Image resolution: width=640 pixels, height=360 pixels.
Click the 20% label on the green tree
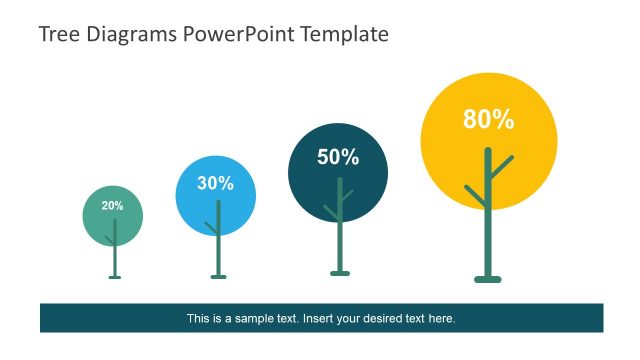coord(112,206)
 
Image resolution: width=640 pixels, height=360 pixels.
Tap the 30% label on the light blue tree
coord(215,183)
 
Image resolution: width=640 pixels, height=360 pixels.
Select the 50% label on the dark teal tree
coord(338,157)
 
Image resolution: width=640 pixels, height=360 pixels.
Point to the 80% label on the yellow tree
coord(488,120)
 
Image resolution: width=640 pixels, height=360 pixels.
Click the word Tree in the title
coord(57,34)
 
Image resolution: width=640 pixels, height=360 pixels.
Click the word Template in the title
coord(340,34)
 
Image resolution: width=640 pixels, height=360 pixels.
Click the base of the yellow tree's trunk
coord(487,279)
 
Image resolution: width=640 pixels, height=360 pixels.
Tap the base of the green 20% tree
coord(114,276)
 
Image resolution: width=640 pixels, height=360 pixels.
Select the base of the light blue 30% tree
coord(218,276)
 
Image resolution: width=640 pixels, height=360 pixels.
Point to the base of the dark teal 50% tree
coord(340,272)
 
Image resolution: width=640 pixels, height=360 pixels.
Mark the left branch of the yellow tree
coord(475,195)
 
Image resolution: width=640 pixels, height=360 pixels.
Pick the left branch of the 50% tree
coord(331,212)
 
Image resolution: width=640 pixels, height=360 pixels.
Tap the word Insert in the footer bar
coord(320,319)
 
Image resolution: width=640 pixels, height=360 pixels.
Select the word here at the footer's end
coord(443,319)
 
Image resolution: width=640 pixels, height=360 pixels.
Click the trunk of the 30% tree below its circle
coord(218,256)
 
